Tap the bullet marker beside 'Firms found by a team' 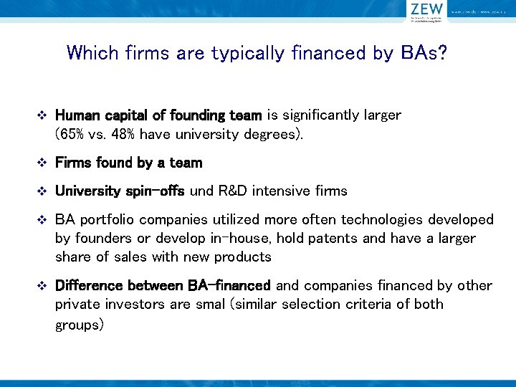pos(41,163)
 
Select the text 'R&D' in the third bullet pos(229,191)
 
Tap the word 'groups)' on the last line pos(80,325)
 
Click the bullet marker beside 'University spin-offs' pos(41,191)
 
